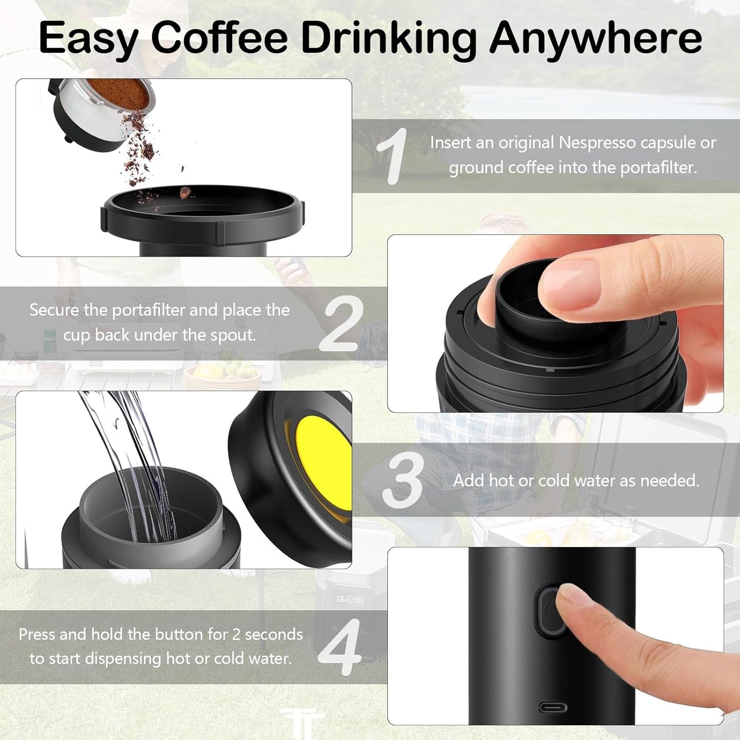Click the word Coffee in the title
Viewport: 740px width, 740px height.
click(x=219, y=38)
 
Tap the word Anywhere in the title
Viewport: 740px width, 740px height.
click(x=596, y=38)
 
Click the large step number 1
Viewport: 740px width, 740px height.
click(x=392, y=156)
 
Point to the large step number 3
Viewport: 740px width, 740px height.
click(x=403, y=481)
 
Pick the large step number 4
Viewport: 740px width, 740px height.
click(x=340, y=647)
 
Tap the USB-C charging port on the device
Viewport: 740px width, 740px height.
click(x=553, y=708)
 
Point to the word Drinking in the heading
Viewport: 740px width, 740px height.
click(x=388, y=38)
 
